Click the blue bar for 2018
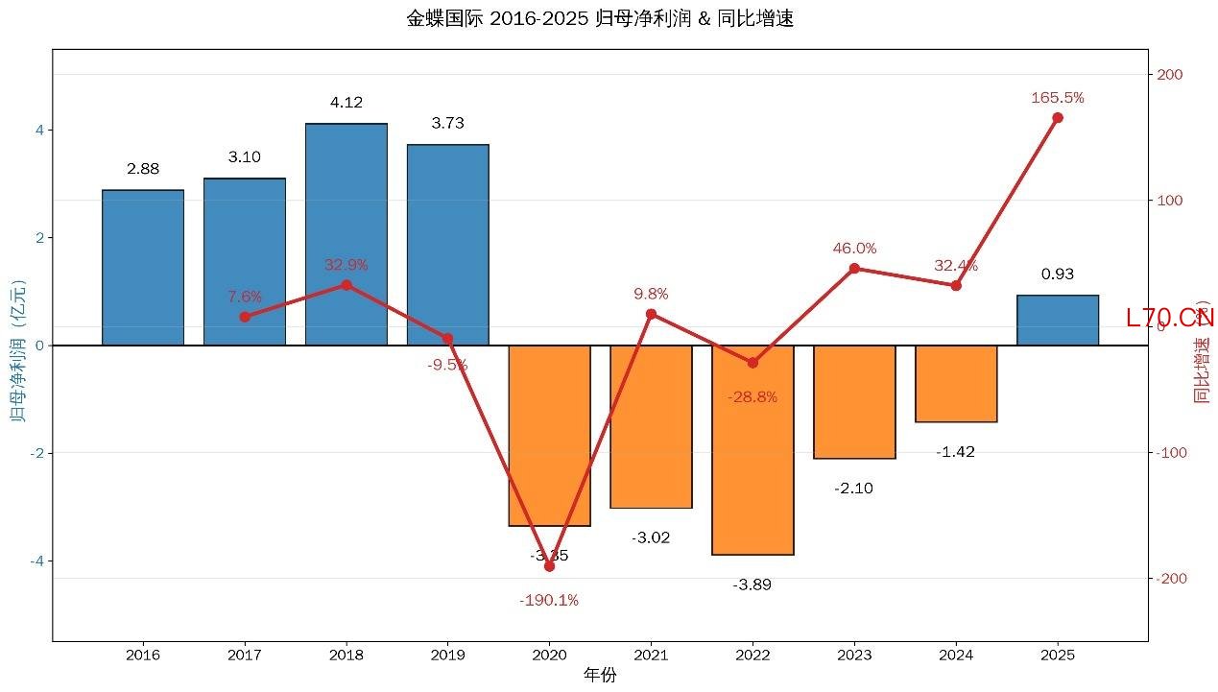point(346,234)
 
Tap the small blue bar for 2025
point(1058,321)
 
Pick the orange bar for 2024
point(956,383)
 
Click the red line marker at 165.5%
point(1058,118)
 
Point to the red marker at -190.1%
point(549,566)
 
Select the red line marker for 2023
point(854,268)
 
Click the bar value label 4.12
point(346,103)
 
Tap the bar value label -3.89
point(752,585)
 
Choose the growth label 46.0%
point(854,249)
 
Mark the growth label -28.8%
point(752,397)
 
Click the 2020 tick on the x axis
point(549,656)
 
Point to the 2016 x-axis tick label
point(143,656)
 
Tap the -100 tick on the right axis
point(1170,453)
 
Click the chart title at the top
point(600,19)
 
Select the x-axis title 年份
point(600,676)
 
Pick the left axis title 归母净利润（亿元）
point(17,346)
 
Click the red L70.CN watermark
point(1170,319)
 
